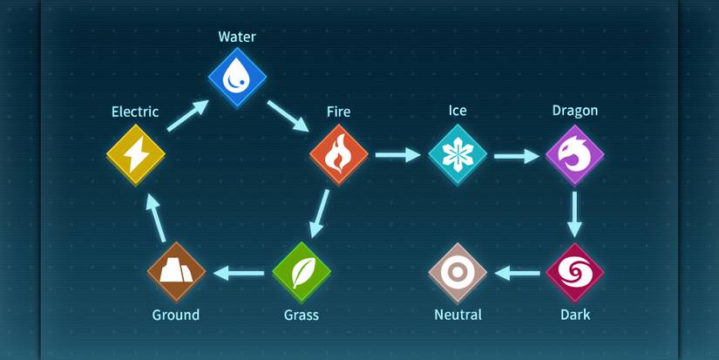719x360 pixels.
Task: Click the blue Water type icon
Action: (x=237, y=78)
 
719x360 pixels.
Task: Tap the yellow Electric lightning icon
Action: (x=136, y=155)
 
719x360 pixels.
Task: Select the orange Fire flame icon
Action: (x=339, y=154)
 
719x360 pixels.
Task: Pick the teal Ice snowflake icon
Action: (x=457, y=154)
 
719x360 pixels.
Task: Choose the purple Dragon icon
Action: (x=574, y=154)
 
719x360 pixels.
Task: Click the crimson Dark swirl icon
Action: (x=574, y=273)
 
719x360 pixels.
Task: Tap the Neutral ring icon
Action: (x=458, y=273)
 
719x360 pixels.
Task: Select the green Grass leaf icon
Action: (x=302, y=273)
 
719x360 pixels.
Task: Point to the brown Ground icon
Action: (x=176, y=272)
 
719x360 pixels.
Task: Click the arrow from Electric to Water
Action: (x=187, y=116)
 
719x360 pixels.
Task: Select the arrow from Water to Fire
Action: (x=288, y=116)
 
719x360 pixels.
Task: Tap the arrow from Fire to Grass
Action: (x=320, y=214)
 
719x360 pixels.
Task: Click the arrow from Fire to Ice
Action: (x=397, y=155)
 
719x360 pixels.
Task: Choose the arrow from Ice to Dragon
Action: (x=516, y=155)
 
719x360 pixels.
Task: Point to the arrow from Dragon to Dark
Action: (x=574, y=214)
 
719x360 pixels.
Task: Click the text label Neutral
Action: (x=458, y=315)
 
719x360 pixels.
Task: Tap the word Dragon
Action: (x=574, y=111)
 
